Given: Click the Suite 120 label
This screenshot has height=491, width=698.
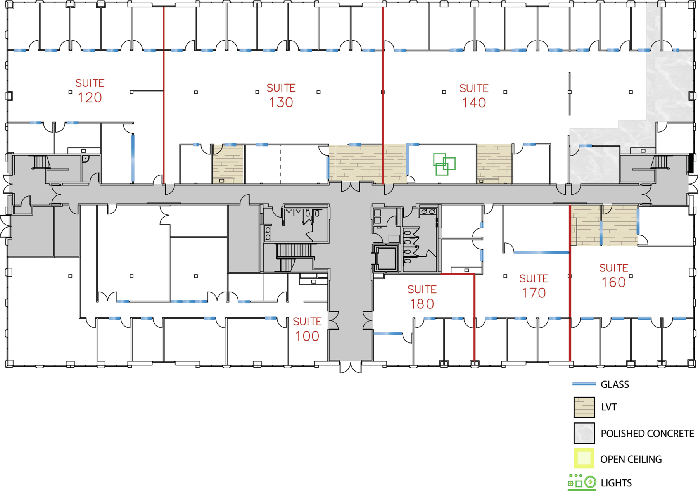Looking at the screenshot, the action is (x=90, y=91).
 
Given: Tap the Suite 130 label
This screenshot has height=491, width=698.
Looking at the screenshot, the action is (x=281, y=95).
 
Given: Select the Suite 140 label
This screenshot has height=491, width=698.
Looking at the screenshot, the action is (x=474, y=96).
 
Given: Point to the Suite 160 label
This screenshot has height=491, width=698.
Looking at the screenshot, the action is (x=613, y=275).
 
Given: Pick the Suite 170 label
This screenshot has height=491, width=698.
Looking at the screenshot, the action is (x=534, y=286).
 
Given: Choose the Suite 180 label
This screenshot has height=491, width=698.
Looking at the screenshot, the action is (x=422, y=297).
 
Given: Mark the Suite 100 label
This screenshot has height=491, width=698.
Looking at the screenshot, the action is (x=307, y=329).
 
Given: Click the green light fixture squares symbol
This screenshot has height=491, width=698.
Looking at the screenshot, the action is (x=444, y=164).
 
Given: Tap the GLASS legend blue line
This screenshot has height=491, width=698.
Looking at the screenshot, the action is (x=584, y=384).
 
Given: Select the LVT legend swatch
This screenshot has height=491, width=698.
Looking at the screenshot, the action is (x=584, y=407).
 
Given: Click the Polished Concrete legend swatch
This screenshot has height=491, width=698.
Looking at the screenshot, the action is (x=584, y=433).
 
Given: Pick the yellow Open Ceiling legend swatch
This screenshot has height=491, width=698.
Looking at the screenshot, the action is (x=584, y=458).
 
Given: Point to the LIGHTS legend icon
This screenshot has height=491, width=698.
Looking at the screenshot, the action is (x=582, y=482).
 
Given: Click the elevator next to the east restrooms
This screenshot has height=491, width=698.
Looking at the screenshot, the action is (x=386, y=258).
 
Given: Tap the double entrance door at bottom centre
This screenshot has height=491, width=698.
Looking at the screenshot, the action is (x=351, y=367).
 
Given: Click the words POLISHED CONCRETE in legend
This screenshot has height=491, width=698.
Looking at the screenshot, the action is (x=647, y=434).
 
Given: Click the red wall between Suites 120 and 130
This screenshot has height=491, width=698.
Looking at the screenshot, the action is (x=164, y=95).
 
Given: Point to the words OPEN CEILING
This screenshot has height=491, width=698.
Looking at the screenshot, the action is (x=631, y=459).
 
